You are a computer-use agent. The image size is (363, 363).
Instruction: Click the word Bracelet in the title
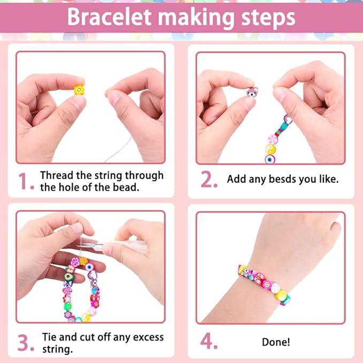(x=109, y=17)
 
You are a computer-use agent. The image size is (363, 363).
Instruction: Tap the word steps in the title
(x=268, y=19)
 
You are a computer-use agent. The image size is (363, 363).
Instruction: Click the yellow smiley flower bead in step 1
(x=79, y=90)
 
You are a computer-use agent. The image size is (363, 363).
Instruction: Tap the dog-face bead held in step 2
(x=252, y=92)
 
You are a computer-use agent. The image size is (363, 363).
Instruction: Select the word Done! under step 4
(x=276, y=342)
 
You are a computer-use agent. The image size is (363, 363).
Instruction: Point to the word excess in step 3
(x=148, y=337)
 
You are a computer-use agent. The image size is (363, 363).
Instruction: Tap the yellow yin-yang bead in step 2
(x=271, y=149)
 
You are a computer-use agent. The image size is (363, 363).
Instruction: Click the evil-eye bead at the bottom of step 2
(x=270, y=159)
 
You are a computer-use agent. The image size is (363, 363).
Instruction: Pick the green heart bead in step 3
(x=68, y=276)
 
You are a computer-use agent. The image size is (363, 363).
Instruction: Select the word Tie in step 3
(x=49, y=337)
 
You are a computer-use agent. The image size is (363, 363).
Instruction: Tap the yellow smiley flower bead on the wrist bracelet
(x=267, y=284)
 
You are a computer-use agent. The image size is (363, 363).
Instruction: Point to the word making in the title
(x=196, y=19)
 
